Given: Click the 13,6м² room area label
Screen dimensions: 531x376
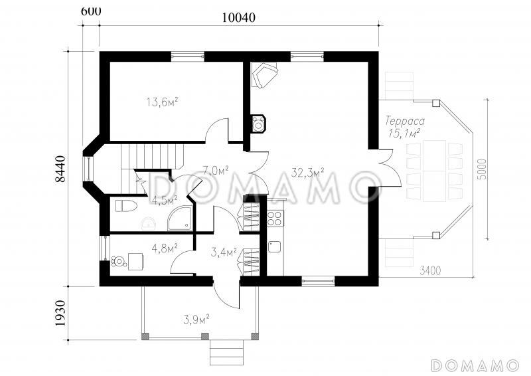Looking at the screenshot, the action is [162, 102].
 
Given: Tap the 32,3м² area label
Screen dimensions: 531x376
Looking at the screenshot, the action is [307, 173].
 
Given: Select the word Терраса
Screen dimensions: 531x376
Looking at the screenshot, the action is [405, 121].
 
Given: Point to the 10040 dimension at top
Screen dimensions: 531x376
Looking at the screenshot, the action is [238, 18].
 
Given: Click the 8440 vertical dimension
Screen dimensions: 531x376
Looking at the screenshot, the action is [60, 169].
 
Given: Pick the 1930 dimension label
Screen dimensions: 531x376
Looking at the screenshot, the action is [60, 313].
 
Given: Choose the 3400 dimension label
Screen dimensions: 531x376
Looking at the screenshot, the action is [430, 270].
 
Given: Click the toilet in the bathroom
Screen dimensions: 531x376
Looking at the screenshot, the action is [126, 206].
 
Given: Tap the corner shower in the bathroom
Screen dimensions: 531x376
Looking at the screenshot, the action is [180, 219].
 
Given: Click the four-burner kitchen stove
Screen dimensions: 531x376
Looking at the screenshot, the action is [275, 218].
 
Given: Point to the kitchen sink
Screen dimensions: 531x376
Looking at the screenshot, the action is [275, 246].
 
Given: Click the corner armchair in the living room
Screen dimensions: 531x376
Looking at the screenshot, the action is [264, 74].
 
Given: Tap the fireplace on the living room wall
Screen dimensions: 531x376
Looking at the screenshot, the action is [259, 123].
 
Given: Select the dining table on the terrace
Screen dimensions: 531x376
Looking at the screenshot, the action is [434, 171].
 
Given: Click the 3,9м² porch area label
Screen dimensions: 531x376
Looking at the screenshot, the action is [196, 319].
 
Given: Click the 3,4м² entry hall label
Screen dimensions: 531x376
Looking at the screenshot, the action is [224, 252].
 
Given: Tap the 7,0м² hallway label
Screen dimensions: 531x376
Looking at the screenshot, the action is [215, 170].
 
